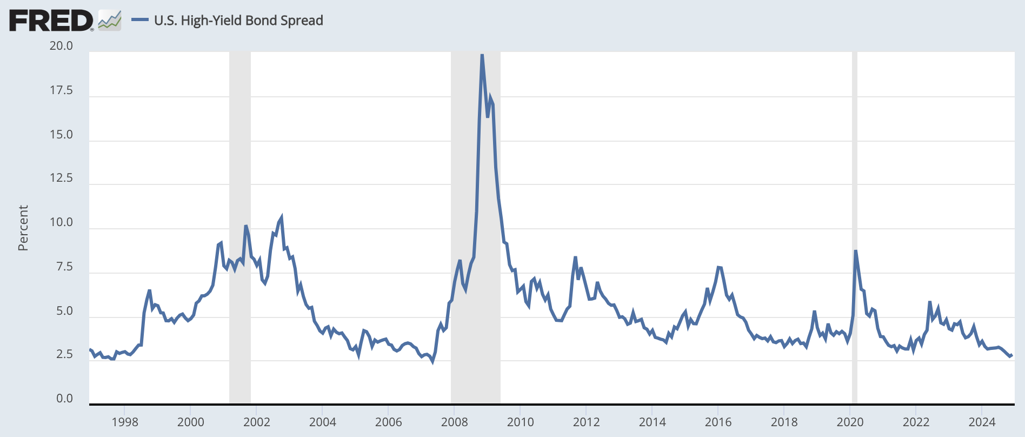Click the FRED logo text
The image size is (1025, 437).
coord(51,21)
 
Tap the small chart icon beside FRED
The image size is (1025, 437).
coord(110,21)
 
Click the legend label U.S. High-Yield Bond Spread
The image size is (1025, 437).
coord(238,21)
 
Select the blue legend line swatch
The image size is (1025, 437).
coord(140,21)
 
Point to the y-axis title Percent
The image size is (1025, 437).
coord(23,228)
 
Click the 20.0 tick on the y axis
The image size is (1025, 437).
coord(61,46)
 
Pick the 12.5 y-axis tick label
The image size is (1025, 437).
coord(61,178)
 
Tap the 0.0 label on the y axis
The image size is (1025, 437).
coord(64,399)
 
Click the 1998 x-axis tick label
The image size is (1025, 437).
coord(125,422)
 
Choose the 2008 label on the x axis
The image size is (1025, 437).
coord(454,422)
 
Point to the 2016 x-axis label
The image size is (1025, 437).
coord(718,422)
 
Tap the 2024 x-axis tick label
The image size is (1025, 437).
coord(982,422)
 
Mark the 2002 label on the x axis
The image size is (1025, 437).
coord(256,422)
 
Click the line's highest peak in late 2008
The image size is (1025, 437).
coord(482,55)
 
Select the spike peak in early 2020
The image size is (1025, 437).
coord(855,250)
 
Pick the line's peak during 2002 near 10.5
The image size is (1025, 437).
coord(281,217)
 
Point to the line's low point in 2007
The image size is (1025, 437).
coord(432,361)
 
